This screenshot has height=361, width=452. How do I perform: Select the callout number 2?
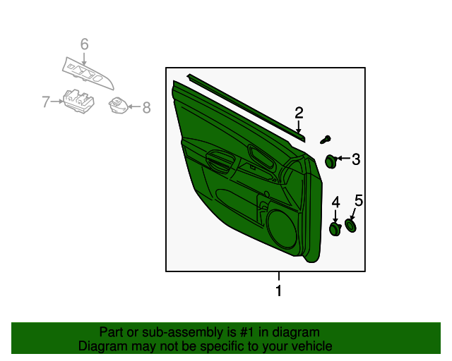point(299,113)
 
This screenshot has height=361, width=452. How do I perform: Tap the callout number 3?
point(356,160)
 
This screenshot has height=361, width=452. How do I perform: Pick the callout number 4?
point(335,202)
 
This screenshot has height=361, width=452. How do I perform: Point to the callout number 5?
point(358,201)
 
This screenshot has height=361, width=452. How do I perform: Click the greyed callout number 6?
point(84,45)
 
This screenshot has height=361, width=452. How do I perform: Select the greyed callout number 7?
point(46,102)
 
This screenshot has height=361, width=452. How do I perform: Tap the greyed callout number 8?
point(146,108)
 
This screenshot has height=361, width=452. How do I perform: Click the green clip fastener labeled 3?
point(330,161)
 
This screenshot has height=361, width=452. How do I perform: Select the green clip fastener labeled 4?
point(335,229)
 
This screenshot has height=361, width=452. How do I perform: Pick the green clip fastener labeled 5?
point(350,226)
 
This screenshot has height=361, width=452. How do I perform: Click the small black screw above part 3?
point(326,140)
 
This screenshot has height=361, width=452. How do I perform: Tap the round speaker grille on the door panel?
point(283,227)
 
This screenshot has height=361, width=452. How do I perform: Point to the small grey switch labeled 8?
point(117,106)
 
